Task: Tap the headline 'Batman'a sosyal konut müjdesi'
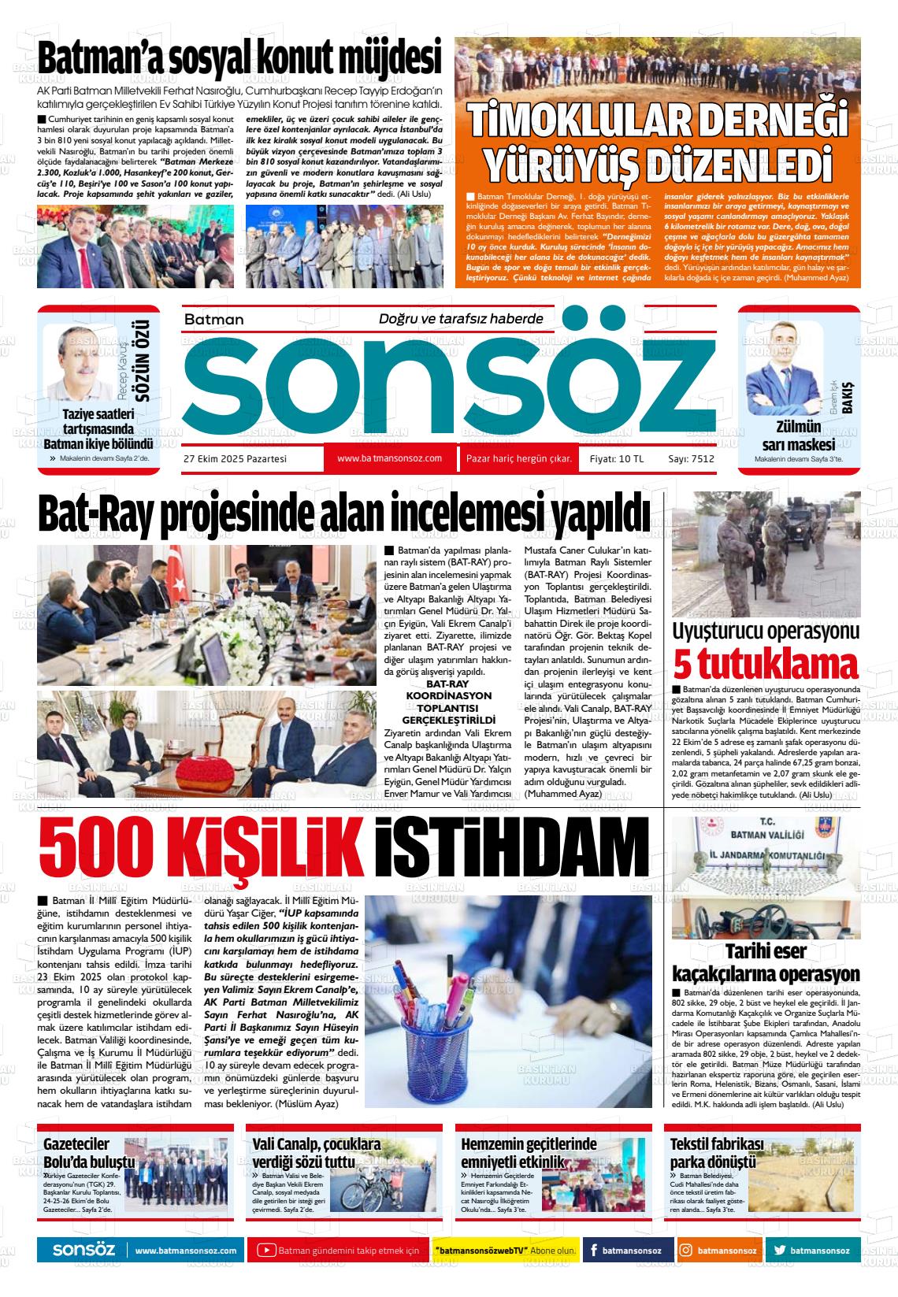239,60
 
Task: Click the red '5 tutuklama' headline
765,665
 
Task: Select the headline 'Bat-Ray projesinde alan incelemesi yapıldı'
344,515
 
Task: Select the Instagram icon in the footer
687,1251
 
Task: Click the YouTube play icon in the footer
266,1251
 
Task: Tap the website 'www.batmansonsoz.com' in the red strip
389,458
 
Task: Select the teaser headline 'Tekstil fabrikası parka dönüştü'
717,1153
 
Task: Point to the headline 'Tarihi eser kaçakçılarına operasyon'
765,962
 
